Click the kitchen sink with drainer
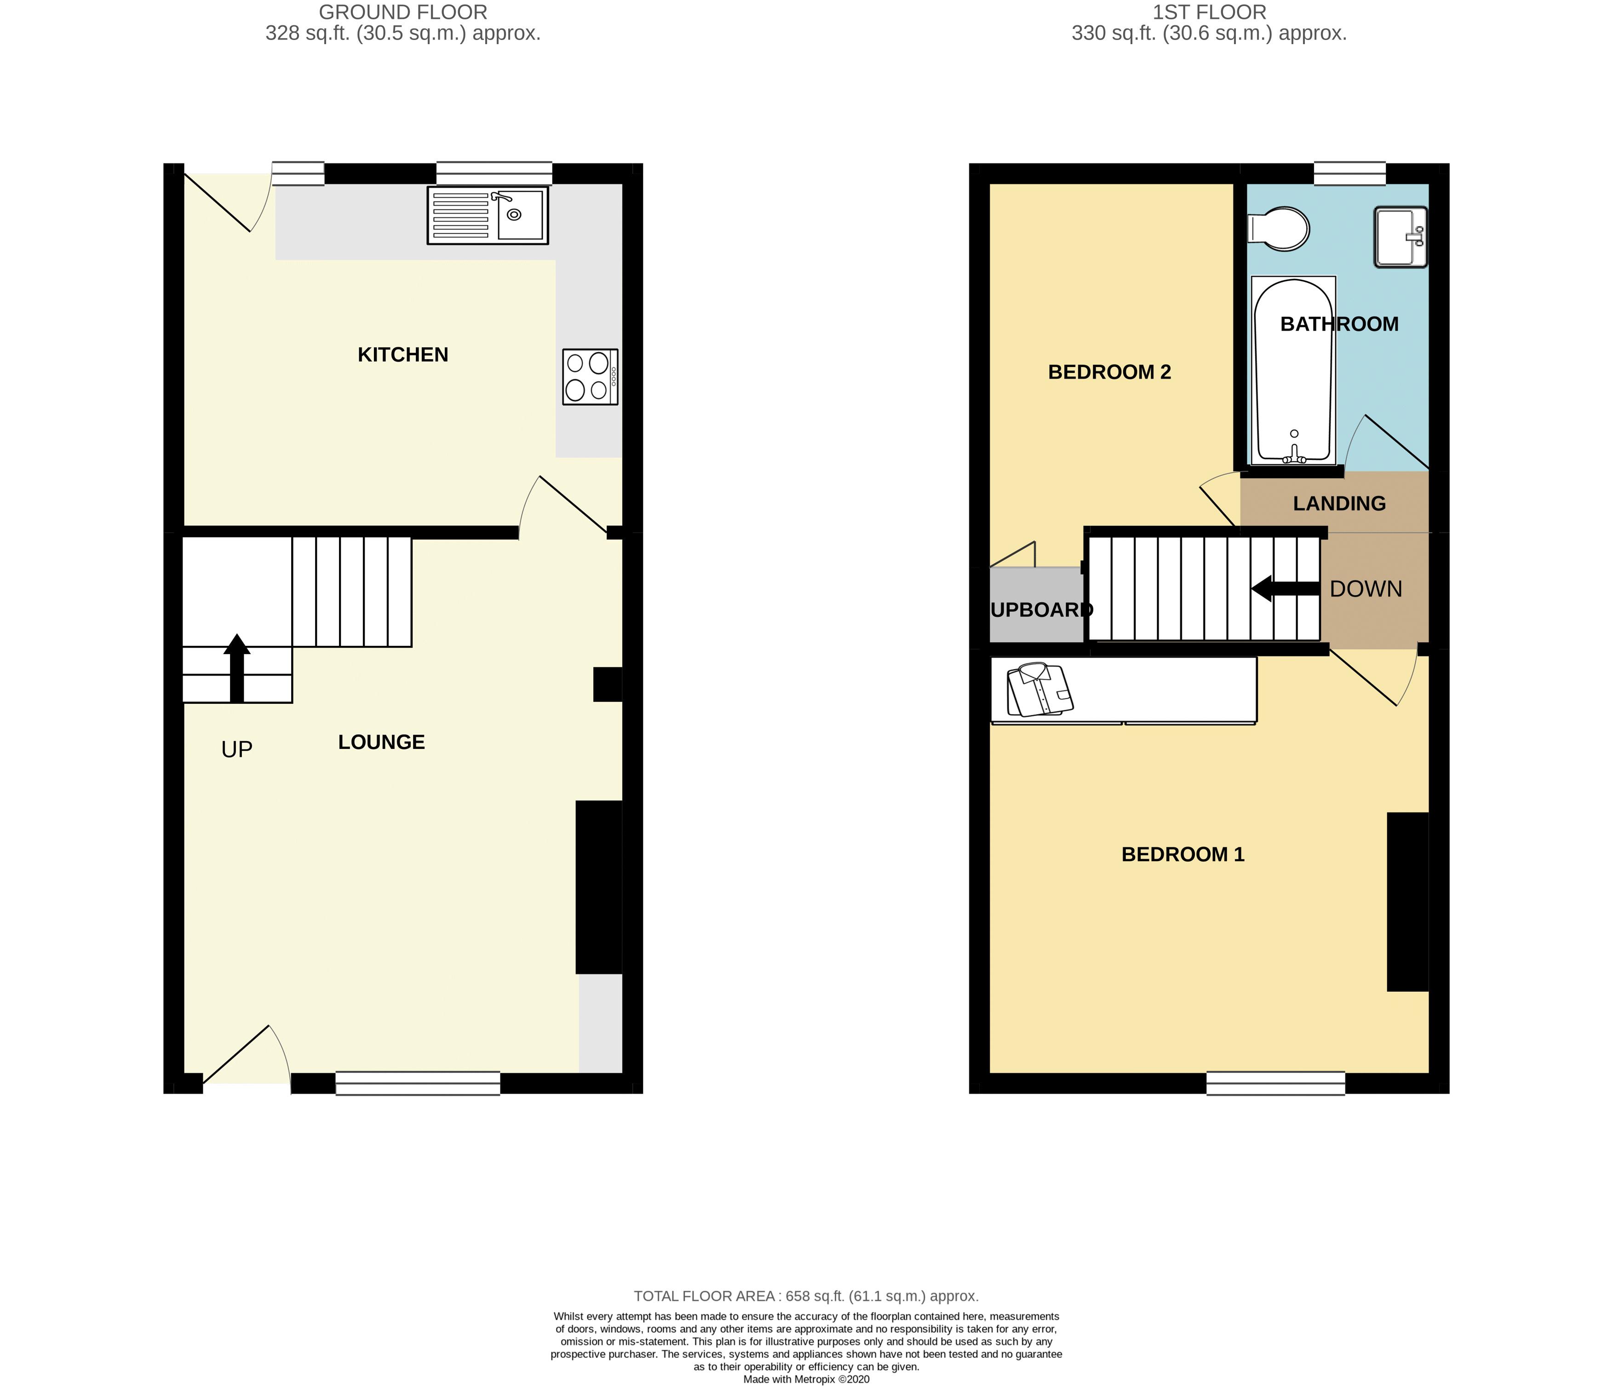(488, 215)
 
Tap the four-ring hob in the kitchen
(590, 377)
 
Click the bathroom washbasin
(1401, 237)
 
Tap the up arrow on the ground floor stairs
(237, 668)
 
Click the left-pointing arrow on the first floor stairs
(1285, 589)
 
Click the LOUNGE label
(381, 742)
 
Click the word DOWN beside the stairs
(1366, 589)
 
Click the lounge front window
(418, 1083)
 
